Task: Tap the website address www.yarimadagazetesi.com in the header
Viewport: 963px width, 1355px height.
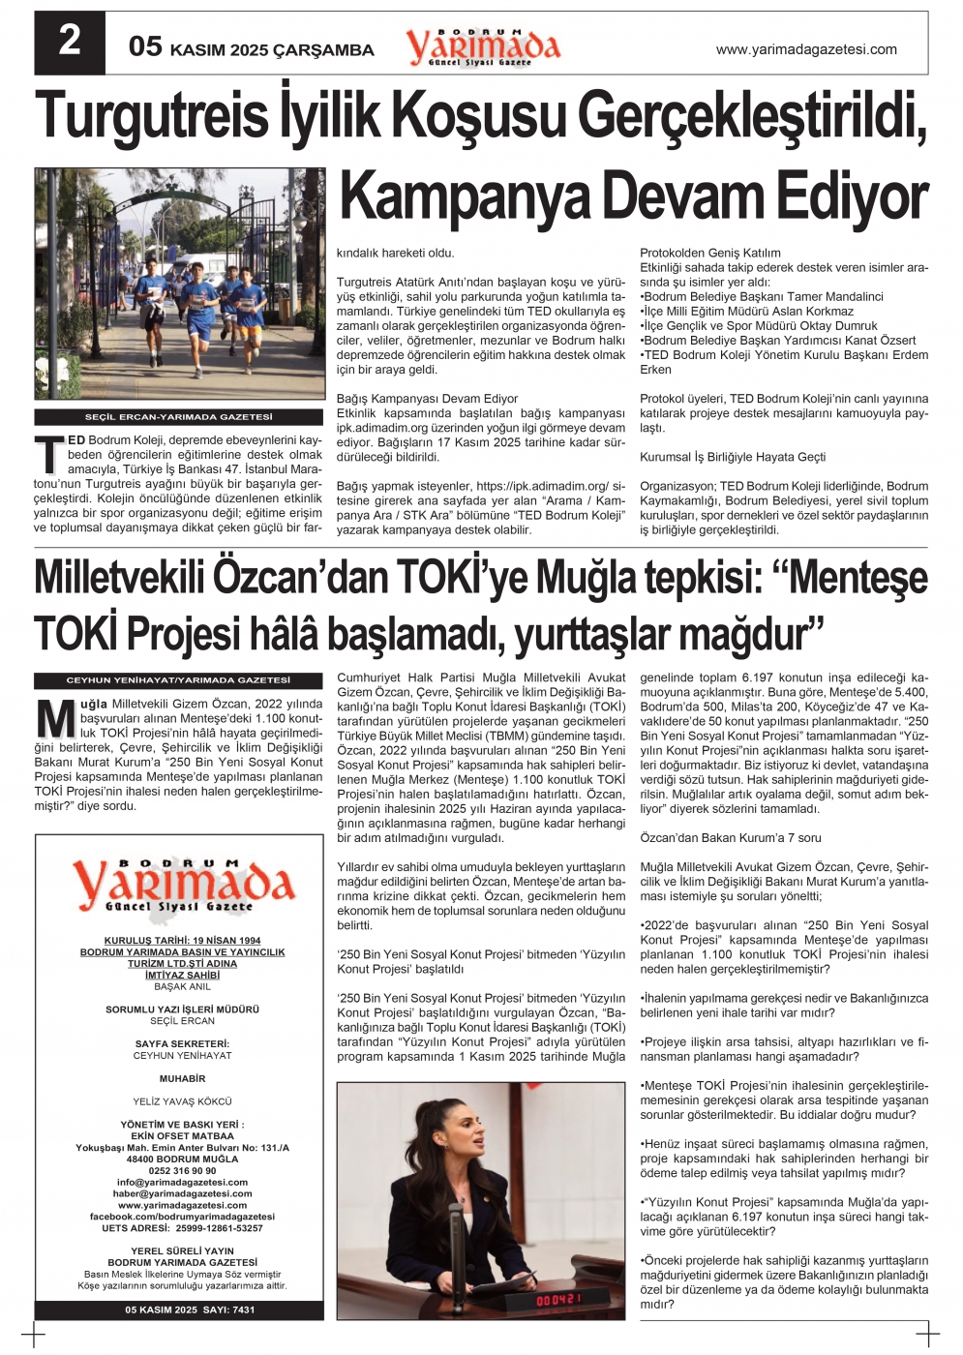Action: tap(805, 49)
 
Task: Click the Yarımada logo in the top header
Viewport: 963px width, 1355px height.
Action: tap(482, 46)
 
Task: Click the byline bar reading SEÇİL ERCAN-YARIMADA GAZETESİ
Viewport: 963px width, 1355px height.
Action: tap(179, 417)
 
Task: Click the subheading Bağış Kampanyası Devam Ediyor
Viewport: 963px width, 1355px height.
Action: tap(427, 399)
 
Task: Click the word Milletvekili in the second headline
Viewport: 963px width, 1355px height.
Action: tap(121, 579)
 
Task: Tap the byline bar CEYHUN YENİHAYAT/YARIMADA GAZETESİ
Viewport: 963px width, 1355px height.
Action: tap(179, 680)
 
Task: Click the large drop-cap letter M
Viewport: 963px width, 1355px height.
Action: tap(56, 718)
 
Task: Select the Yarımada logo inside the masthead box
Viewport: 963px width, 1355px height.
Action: tap(180, 885)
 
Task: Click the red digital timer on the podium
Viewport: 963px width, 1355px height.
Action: tap(559, 1299)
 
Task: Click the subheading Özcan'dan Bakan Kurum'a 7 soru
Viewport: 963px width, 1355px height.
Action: tap(731, 838)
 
